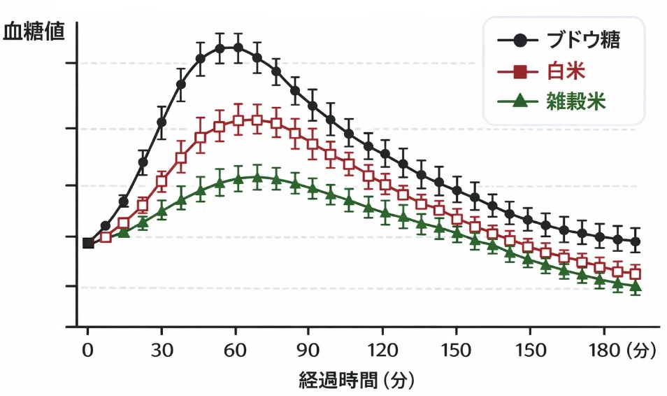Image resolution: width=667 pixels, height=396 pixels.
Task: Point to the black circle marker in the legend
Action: click(519, 40)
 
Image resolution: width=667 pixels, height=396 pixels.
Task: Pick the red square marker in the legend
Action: click(519, 71)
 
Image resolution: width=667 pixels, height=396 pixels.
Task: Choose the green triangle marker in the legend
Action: click(519, 101)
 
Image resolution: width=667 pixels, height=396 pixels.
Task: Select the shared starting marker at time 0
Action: click(88, 243)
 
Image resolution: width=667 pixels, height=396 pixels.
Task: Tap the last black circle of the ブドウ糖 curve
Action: click(636, 242)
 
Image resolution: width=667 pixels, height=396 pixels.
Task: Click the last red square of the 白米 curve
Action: click(636, 274)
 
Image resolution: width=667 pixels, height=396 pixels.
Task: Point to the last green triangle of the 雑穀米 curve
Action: click(636, 286)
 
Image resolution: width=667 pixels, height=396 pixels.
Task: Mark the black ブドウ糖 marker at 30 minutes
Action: click(162, 122)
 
